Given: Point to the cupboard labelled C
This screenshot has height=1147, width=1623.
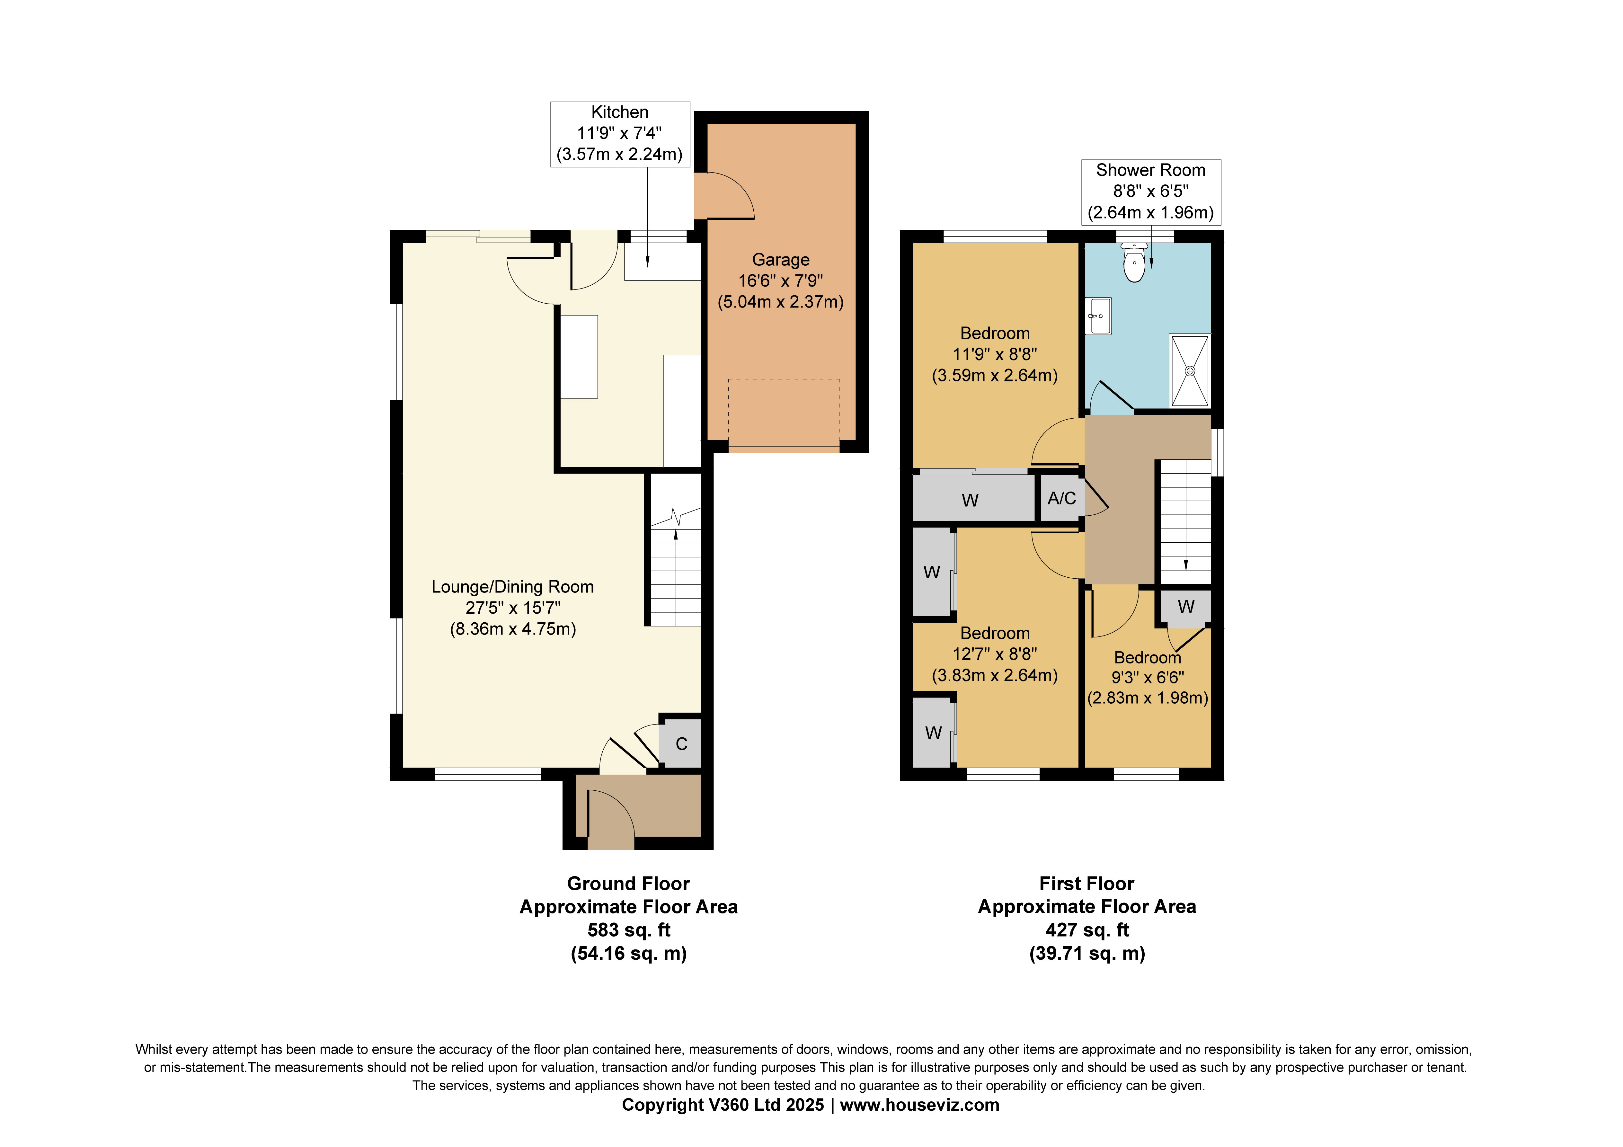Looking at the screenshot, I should coord(681,744).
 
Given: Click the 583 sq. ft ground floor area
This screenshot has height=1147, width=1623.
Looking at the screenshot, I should coord(628,930).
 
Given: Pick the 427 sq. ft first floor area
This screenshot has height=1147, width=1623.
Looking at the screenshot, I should coord(1086,930).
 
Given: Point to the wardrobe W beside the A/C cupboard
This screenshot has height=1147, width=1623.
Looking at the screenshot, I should coord(970,500).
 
